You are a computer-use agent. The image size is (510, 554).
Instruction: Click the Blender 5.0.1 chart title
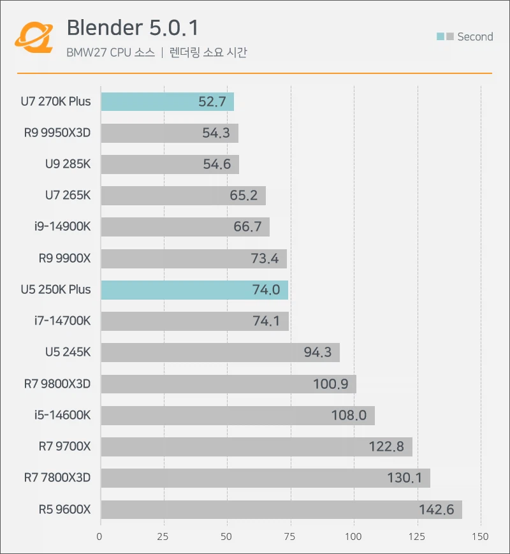133,28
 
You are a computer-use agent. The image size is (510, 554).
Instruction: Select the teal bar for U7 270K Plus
167,102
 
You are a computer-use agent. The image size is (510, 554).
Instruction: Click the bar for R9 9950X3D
169,133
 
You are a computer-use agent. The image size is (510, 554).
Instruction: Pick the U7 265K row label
68,195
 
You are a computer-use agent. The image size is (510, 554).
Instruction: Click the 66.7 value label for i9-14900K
248,227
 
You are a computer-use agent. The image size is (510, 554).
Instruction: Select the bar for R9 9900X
193,258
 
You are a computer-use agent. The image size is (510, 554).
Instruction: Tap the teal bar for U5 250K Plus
194,289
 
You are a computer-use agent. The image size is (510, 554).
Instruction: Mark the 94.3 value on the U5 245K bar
317,352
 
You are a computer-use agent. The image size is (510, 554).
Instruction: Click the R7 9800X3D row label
57,383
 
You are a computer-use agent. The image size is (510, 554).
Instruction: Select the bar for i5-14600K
237,415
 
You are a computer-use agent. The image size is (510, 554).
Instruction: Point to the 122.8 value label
386,446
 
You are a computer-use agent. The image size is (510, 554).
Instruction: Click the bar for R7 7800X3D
265,477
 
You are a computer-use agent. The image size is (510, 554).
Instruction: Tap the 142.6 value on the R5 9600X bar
436,509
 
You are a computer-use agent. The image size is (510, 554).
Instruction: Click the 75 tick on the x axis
290,537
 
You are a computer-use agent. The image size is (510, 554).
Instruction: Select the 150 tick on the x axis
480,537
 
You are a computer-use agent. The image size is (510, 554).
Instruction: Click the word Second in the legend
475,37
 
